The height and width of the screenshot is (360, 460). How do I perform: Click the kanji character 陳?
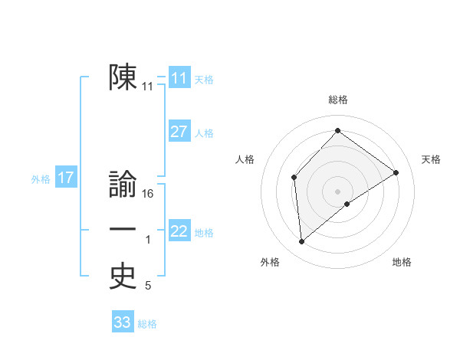[x=123, y=77]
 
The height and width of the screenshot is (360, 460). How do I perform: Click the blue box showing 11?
[x=179, y=78]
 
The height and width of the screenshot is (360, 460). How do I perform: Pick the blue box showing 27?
[x=179, y=132]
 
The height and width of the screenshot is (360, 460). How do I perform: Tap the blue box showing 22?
[x=179, y=231]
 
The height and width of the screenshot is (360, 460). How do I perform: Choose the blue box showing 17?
[x=66, y=178]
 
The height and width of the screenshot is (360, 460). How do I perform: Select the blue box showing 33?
[x=123, y=322]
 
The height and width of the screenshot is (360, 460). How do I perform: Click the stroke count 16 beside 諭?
[x=149, y=194]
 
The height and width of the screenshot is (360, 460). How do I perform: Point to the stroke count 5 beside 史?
[x=148, y=286]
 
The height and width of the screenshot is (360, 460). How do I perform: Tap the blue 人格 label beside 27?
[x=204, y=133]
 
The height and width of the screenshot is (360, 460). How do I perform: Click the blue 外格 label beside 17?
[x=41, y=179]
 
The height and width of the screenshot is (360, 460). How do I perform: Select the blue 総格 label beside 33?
[x=147, y=324]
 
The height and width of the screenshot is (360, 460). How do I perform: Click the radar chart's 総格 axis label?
[x=337, y=100]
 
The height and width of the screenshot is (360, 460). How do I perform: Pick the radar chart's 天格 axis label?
[x=432, y=159]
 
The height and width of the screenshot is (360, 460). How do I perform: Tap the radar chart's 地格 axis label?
[x=402, y=263]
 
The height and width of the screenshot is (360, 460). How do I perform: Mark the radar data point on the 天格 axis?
[x=396, y=172]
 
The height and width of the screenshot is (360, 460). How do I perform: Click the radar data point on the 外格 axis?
[x=302, y=242]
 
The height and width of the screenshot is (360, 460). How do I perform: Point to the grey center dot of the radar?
[x=337, y=191]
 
